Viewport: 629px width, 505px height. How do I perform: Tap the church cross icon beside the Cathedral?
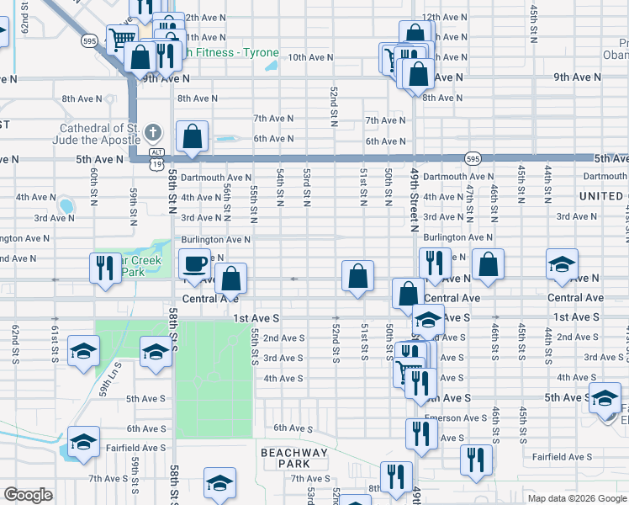click(x=151, y=131)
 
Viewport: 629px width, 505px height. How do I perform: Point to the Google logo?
click(x=28, y=495)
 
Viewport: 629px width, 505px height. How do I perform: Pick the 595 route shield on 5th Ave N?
click(x=473, y=158)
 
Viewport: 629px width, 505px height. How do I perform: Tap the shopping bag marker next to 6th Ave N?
click(x=193, y=136)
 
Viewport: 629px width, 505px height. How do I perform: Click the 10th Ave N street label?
click(x=311, y=57)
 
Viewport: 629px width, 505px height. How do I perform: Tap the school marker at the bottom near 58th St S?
click(x=219, y=483)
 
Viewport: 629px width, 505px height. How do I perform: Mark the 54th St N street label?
click(x=280, y=187)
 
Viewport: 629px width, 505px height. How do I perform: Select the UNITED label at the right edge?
click(x=600, y=196)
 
